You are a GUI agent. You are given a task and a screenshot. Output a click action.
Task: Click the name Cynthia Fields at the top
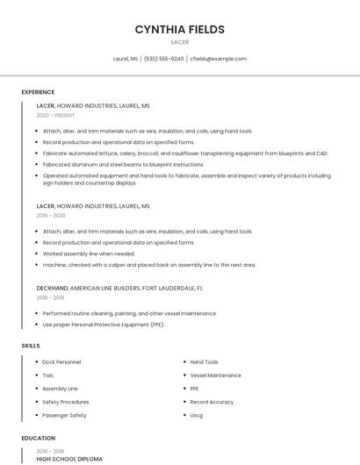[179, 29]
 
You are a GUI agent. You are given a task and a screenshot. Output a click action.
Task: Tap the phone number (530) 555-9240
[164, 59]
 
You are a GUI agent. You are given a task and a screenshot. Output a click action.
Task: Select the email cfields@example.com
[218, 59]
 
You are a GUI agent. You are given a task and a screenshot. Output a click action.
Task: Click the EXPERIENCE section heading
[38, 92]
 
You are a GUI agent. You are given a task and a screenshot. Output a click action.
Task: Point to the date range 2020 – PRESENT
[55, 116]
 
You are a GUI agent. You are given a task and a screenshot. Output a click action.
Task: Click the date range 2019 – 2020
[51, 216]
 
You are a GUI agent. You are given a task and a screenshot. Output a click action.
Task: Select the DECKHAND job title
[52, 288]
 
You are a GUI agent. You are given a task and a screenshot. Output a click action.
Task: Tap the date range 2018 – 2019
[51, 297]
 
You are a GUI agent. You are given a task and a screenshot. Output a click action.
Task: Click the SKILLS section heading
[31, 346]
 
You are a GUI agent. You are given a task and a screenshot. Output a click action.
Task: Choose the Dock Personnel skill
[61, 362]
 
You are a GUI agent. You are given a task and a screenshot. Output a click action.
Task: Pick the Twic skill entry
[48, 376]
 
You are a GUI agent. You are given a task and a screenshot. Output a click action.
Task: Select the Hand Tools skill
[204, 362]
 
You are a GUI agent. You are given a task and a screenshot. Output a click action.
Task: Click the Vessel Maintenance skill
[215, 376]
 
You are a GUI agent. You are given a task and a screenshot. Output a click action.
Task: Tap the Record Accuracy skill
[212, 402]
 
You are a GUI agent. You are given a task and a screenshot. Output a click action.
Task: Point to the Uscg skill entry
[197, 415]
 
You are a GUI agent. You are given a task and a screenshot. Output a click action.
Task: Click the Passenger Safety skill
[64, 415]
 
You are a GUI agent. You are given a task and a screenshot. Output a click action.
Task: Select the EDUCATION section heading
[39, 439]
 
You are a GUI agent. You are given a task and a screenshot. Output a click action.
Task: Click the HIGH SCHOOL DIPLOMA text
[69, 459]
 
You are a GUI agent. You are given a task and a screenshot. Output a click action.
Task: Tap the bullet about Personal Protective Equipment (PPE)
[104, 325]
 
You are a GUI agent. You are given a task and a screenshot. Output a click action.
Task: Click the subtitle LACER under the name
[179, 42]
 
